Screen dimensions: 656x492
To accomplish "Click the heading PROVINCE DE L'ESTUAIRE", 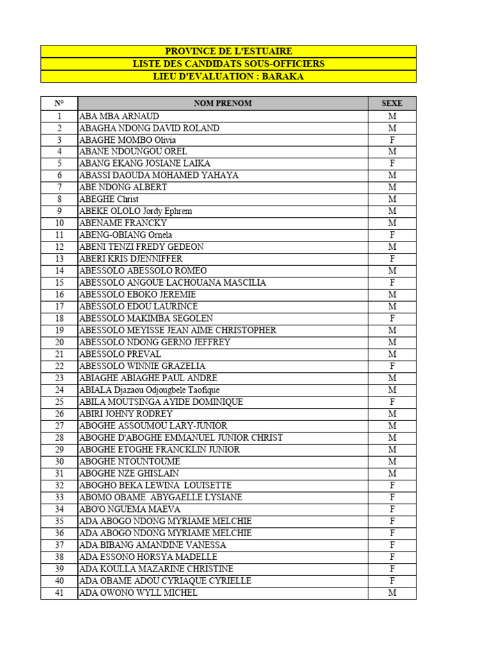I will coord(228,51).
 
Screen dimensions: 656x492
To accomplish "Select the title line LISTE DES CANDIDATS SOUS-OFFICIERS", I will coord(228,64).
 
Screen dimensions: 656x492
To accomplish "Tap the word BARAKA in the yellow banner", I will coord(283,76).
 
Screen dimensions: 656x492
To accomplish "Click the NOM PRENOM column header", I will coord(223,103).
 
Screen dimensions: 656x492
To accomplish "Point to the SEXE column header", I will coord(392,103).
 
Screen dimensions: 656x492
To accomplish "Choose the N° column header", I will coord(59,103).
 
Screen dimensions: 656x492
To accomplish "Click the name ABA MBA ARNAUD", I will coord(119,116).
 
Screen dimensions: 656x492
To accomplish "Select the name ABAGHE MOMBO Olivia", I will coord(127,140).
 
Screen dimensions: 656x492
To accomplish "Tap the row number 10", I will coord(59,223).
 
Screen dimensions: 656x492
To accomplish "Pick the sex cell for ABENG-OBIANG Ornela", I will coord(392,235).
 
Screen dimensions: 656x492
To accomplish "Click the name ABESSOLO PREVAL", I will coord(120,354).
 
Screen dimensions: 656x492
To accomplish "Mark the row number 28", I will coord(59,438).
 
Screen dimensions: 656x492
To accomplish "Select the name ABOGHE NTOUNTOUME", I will coord(130,461).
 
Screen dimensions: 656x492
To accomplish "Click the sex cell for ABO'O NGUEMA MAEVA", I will coord(392,509).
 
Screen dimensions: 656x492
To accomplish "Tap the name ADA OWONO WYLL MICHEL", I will coord(138,593).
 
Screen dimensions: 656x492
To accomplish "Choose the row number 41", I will coord(59,593).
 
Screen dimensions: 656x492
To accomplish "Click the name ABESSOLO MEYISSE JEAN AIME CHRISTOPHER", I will coord(178,330).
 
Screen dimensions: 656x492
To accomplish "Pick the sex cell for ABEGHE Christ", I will coord(392,199).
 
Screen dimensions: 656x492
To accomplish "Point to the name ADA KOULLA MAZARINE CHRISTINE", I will coord(156,569).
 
